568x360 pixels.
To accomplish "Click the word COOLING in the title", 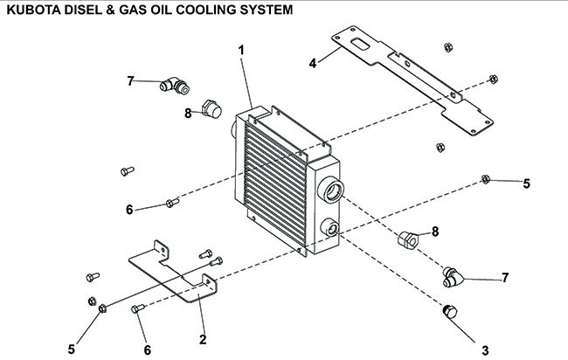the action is tap(205, 10).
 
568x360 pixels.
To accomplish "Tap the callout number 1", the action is tap(241, 51).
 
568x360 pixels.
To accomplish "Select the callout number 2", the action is tap(203, 339).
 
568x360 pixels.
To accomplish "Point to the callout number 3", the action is tap(485, 350).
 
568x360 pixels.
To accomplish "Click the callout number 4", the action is tap(313, 64).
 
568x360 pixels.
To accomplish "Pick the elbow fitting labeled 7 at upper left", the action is tap(175, 86).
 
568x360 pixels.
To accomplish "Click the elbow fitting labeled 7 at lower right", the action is tap(453, 277).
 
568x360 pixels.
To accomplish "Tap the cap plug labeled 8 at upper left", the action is tap(211, 109).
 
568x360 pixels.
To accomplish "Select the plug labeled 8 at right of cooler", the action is tap(408, 239).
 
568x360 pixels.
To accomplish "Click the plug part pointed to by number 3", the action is tap(450, 312).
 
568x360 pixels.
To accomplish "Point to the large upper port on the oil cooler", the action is tap(330, 190).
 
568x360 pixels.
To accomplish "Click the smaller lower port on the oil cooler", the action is tap(330, 227).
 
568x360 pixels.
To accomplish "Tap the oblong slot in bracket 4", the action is tap(360, 45).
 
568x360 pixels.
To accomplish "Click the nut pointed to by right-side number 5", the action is tap(485, 179).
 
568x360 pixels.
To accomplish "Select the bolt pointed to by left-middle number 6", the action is tap(172, 203).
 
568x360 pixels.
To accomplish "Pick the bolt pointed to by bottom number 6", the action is tap(138, 308).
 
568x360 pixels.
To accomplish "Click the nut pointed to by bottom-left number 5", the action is tap(102, 308).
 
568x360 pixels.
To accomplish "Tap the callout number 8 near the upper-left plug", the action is tap(188, 114).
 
